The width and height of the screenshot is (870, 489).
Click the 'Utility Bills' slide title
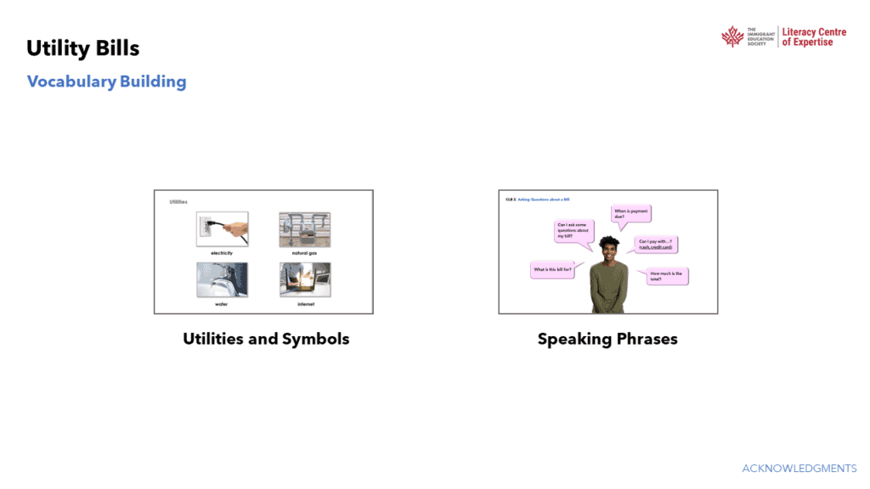click(x=82, y=48)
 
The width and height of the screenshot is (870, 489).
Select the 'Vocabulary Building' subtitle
click(x=106, y=81)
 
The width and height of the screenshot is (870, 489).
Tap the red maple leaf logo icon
click(x=732, y=37)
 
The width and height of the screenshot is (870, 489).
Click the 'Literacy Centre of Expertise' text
click(x=814, y=37)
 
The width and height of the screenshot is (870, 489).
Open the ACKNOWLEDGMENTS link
click(x=799, y=469)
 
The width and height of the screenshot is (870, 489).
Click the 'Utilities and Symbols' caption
click(x=266, y=339)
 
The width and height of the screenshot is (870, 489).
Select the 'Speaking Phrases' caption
click(x=607, y=339)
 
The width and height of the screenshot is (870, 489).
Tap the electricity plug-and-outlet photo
click(x=222, y=229)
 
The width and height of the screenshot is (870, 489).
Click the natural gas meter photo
click(x=305, y=229)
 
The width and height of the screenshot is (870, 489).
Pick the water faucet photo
click(x=222, y=279)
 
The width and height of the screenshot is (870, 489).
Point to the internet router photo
click(x=305, y=279)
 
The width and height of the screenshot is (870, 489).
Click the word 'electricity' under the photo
click(x=222, y=253)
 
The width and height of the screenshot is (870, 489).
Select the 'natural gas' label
click(x=305, y=253)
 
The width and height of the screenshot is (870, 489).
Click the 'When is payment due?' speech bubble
click(x=630, y=214)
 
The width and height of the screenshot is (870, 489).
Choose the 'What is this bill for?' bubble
click(x=551, y=270)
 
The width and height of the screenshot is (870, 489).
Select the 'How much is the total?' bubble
click(x=668, y=275)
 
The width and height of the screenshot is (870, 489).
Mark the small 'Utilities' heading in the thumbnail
click(x=178, y=202)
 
